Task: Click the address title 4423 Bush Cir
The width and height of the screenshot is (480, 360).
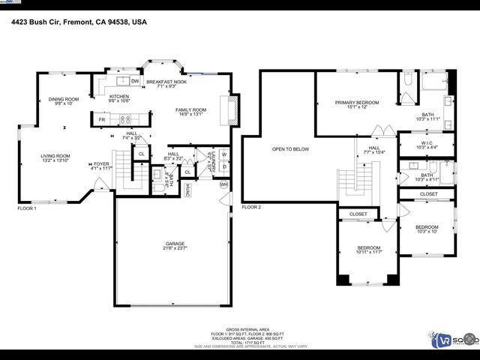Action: point(79,22)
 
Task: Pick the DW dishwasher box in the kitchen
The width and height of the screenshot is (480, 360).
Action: point(135,81)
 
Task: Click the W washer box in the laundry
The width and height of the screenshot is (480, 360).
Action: point(223,155)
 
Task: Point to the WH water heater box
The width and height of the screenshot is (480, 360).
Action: point(223,184)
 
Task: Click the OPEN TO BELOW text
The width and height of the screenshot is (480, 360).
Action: point(290,149)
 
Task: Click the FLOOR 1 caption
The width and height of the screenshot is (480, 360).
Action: point(27,208)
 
